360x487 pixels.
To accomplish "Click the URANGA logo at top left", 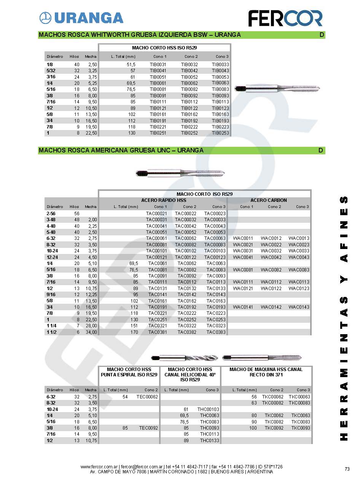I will pyautogui.click(x=81, y=17).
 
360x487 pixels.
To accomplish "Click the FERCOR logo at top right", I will pyautogui.click(x=285, y=18).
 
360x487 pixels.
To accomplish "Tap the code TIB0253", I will pyautogui.click(x=220, y=133).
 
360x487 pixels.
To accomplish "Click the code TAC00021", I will pyautogui.click(x=156, y=214).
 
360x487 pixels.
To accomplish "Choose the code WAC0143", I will pyautogui.click(x=299, y=307).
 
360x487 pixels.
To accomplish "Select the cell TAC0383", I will pyautogui.click(x=216, y=332).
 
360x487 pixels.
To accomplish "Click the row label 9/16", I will pyautogui.click(x=51, y=295).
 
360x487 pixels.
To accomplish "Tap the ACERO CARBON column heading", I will pyautogui.click(x=269, y=200).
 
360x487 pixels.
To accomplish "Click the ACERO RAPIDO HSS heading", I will pyautogui.click(x=164, y=200).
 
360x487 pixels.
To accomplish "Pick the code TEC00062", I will pyautogui.click(x=147, y=397).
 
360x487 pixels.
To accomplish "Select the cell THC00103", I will pyautogui.click(x=208, y=409).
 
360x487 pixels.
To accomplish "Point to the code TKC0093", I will pyautogui.click(x=301, y=428).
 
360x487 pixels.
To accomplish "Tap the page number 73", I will pyautogui.click(x=347, y=469).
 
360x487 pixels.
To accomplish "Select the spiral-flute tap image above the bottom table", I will pyautogui.click(x=185, y=358).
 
